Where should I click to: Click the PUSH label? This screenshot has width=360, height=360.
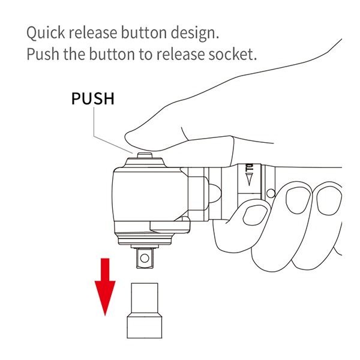coord(93,98)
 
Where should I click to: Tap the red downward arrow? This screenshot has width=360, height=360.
coord(105,287)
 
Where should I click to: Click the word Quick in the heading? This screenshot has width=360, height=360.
coord(46,33)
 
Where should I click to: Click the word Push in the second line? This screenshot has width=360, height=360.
coord(43,54)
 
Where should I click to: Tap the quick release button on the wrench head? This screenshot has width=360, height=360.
coord(145,155)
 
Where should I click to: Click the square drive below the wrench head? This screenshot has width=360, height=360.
coord(145,258)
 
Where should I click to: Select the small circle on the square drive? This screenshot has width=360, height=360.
coord(145,258)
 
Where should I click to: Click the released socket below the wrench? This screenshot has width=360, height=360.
coord(145,310)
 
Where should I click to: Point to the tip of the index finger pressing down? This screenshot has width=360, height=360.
coord(126,138)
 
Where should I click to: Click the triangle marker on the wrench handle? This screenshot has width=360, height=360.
coord(249,179)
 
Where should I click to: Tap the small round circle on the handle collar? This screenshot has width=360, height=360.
coord(271,193)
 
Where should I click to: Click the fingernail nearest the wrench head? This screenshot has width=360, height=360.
coord(254,215)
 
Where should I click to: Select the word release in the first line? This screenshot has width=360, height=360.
coord(93,33)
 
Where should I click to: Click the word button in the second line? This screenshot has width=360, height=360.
coord(112,54)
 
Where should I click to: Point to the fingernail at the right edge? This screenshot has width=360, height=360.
coord(329,200)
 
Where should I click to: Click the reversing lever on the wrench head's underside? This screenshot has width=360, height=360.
coord(170,225)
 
